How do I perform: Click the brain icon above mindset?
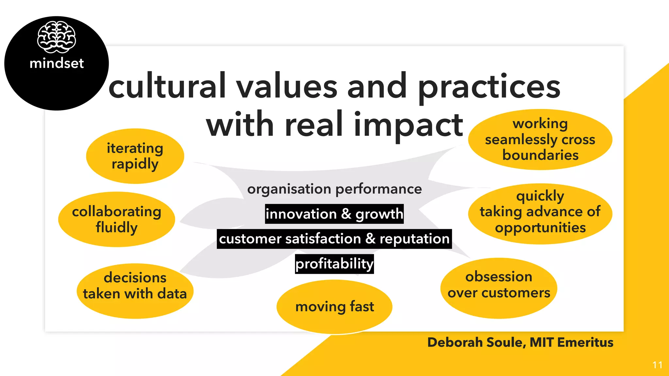(57, 37)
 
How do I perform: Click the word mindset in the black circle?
(57, 63)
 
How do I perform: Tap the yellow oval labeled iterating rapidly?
(135, 156)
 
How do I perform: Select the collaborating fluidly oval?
(117, 219)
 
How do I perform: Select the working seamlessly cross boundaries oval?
(540, 139)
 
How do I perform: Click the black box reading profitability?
(334, 264)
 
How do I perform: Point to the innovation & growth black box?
(334, 214)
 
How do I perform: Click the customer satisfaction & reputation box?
(334, 239)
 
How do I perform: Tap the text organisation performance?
(334, 189)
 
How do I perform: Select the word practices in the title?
(489, 87)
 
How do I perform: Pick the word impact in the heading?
(408, 125)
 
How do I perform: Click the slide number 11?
(657, 365)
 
